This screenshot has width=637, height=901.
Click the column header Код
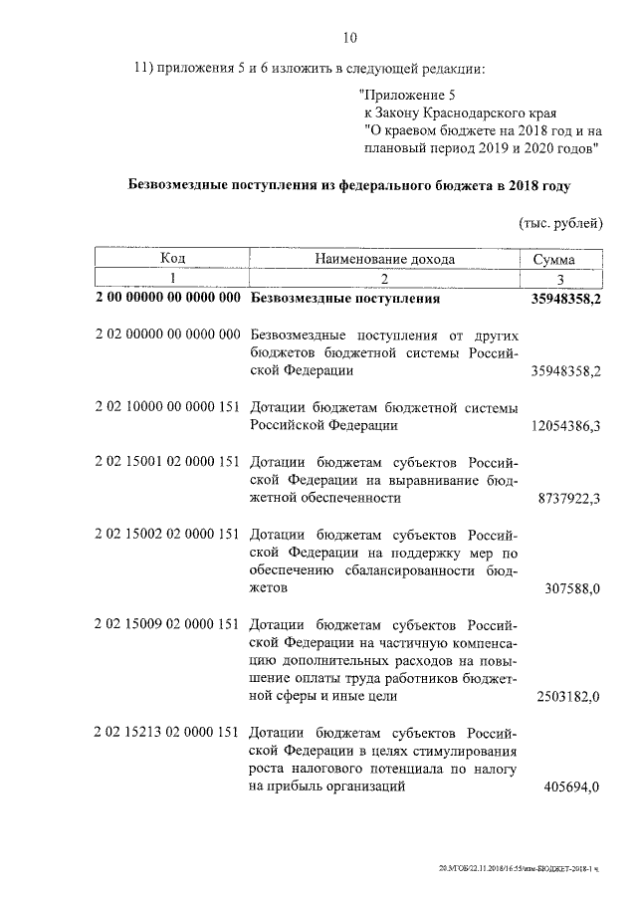click(173, 259)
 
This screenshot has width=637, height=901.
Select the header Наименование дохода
click(384, 259)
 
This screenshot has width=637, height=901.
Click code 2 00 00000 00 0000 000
click(167, 298)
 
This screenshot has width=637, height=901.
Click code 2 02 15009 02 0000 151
click(167, 624)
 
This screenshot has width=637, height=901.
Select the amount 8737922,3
click(567, 501)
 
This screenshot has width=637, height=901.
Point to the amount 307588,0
click(572, 588)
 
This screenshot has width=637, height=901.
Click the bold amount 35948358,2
click(562, 298)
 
